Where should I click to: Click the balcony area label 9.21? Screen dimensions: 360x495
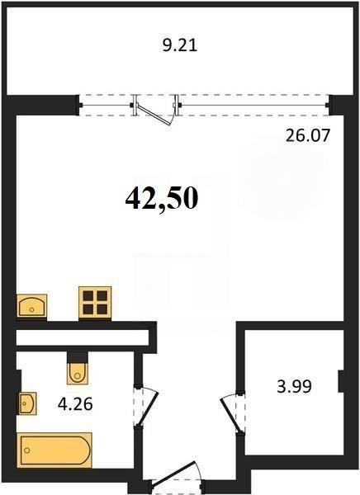180,46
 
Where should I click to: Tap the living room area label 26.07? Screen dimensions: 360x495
307,136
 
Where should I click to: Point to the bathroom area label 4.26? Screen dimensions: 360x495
75,404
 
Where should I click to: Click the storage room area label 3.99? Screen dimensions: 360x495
294,386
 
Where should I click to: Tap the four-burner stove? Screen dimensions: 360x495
95,303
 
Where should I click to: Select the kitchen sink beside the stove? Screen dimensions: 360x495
31,305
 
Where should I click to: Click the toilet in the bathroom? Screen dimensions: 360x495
77,374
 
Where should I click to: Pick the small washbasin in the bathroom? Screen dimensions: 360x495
28,403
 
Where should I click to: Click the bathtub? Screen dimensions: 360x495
55,450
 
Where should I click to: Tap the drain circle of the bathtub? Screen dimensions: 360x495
27,450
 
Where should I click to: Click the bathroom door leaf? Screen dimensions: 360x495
148,410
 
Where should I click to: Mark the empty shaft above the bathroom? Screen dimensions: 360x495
83,337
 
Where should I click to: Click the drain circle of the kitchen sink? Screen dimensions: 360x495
31,309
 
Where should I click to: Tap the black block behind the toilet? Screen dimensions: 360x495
77,357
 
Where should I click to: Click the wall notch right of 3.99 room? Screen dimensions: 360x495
341,382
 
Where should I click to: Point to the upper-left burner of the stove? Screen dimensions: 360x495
88,296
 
